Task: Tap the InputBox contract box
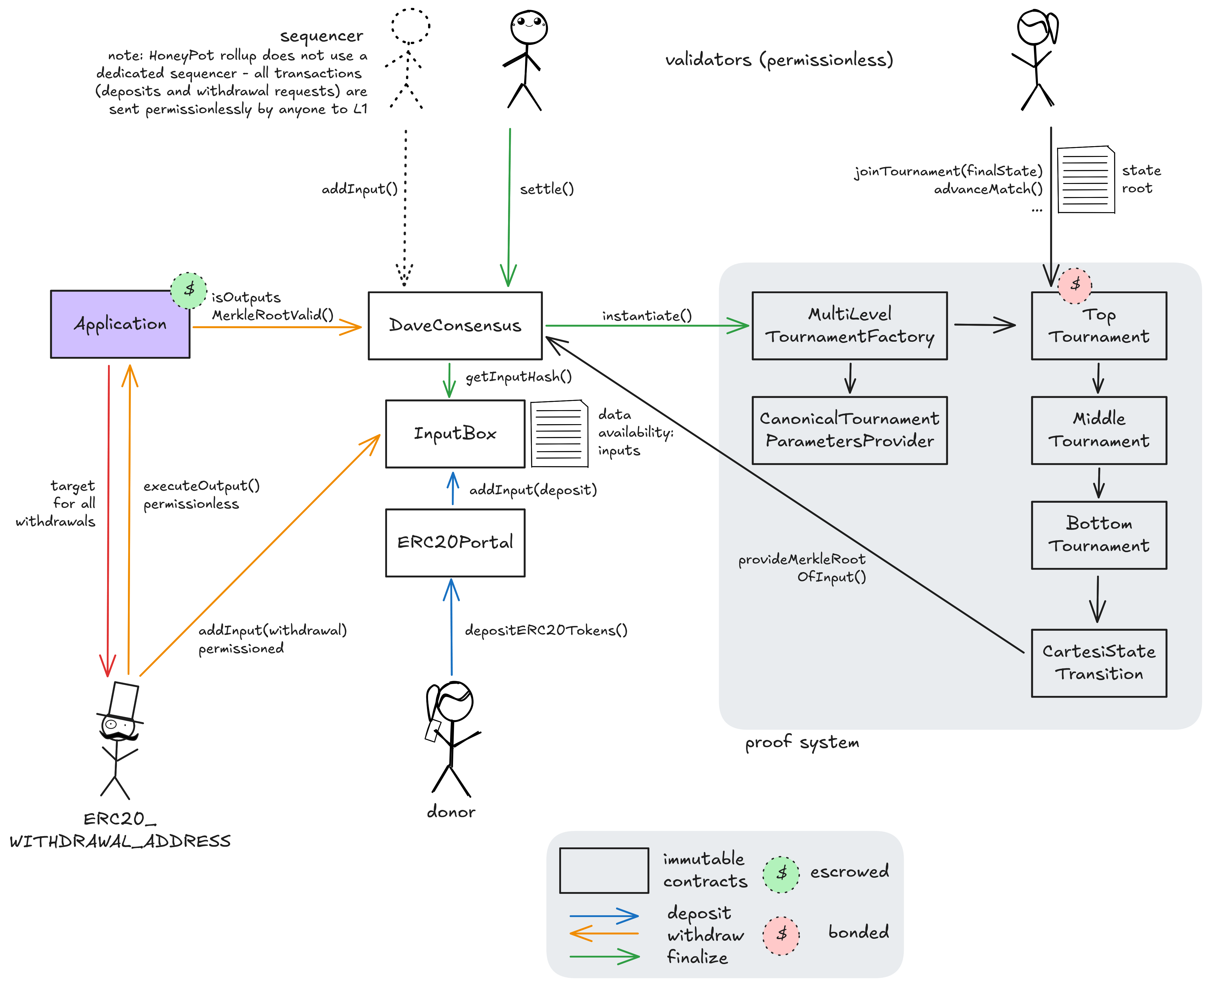(x=455, y=434)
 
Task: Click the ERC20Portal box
(x=455, y=542)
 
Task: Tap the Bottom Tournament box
(x=1099, y=535)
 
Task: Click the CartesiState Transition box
(x=1099, y=663)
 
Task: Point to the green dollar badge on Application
(x=189, y=290)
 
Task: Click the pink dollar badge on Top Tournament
(x=1075, y=285)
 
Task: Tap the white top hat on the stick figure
(x=123, y=700)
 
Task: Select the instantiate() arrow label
(x=647, y=316)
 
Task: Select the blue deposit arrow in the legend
(x=604, y=916)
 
